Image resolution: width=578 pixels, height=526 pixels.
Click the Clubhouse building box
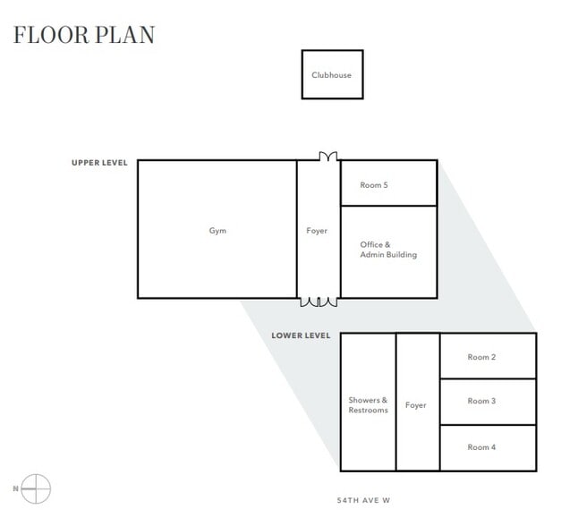(x=332, y=75)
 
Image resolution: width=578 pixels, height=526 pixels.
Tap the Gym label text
(x=217, y=231)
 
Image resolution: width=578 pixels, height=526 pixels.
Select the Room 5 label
(x=374, y=185)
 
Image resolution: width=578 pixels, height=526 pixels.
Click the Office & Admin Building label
(x=387, y=250)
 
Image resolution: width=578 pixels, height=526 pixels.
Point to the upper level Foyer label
(x=317, y=231)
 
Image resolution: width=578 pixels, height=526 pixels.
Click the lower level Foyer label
(x=415, y=405)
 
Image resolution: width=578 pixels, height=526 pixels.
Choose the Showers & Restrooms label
(x=368, y=405)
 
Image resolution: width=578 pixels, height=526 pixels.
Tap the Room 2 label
(x=481, y=357)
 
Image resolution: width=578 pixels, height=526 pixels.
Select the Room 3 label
(x=481, y=401)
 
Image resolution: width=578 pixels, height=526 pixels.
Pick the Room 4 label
(x=481, y=447)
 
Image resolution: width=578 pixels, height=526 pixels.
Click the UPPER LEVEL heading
(x=99, y=163)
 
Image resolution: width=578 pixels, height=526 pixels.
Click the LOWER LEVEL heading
(x=301, y=336)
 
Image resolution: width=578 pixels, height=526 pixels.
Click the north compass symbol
(x=36, y=488)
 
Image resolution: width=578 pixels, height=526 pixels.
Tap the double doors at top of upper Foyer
(x=319, y=157)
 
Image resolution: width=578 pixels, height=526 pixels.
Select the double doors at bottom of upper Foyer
(x=319, y=302)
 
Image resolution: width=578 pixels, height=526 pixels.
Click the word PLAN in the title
(x=125, y=35)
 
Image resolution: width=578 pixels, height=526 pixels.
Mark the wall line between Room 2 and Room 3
(x=488, y=379)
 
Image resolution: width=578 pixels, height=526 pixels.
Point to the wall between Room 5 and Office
(x=389, y=206)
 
